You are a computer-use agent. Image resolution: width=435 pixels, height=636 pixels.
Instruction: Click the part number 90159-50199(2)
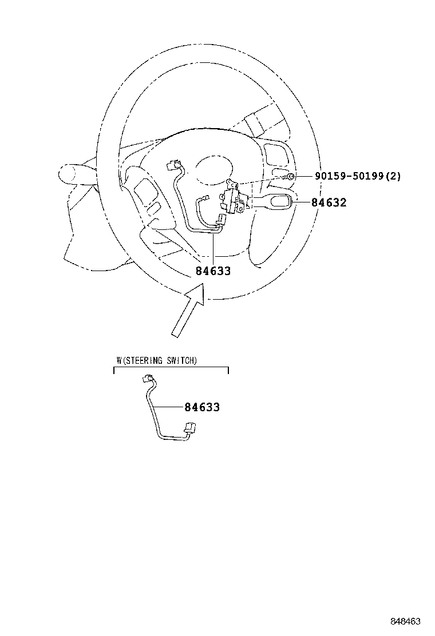click(x=358, y=176)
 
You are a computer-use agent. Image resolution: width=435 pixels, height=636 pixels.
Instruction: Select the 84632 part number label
click(x=329, y=202)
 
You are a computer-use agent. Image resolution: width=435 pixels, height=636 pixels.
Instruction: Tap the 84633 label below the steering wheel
click(x=213, y=271)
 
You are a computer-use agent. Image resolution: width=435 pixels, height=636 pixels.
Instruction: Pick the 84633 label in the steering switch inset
click(x=202, y=407)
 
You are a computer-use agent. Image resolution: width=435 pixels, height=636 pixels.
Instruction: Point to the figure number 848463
click(x=405, y=621)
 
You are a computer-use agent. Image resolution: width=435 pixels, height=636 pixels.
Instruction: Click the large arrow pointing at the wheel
click(x=188, y=311)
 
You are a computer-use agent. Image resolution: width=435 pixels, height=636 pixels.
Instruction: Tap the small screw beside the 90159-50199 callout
click(x=290, y=176)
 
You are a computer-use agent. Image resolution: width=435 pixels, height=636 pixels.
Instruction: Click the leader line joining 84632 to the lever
click(x=301, y=202)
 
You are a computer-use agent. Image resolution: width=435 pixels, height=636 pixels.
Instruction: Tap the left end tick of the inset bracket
click(x=114, y=370)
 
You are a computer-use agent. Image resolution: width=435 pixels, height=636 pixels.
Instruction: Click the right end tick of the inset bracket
click(x=228, y=370)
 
